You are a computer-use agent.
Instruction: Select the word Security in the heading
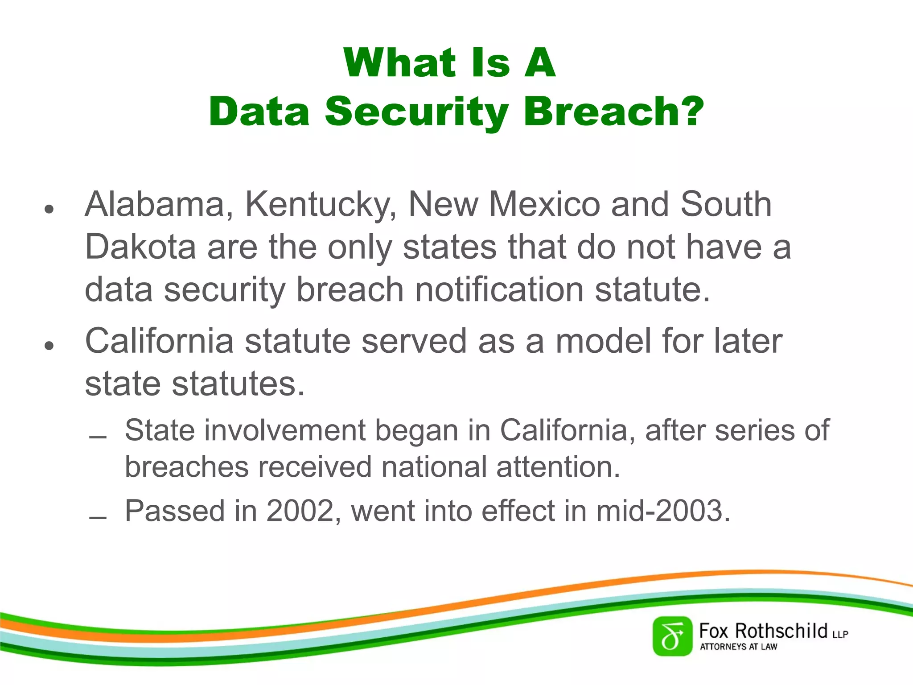(x=416, y=111)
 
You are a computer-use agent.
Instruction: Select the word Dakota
(x=140, y=248)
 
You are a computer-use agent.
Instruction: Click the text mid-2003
(x=663, y=511)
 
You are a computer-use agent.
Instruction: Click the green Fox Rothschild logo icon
(x=672, y=636)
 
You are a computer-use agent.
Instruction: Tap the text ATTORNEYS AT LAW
(x=738, y=647)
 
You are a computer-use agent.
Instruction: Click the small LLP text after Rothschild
(x=840, y=634)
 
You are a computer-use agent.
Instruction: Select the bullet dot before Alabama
(x=49, y=209)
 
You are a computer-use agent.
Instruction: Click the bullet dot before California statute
(x=49, y=346)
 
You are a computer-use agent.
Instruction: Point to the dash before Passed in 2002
(x=98, y=518)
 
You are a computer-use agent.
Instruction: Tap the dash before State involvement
(x=98, y=437)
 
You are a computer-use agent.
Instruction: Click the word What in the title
(x=399, y=63)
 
